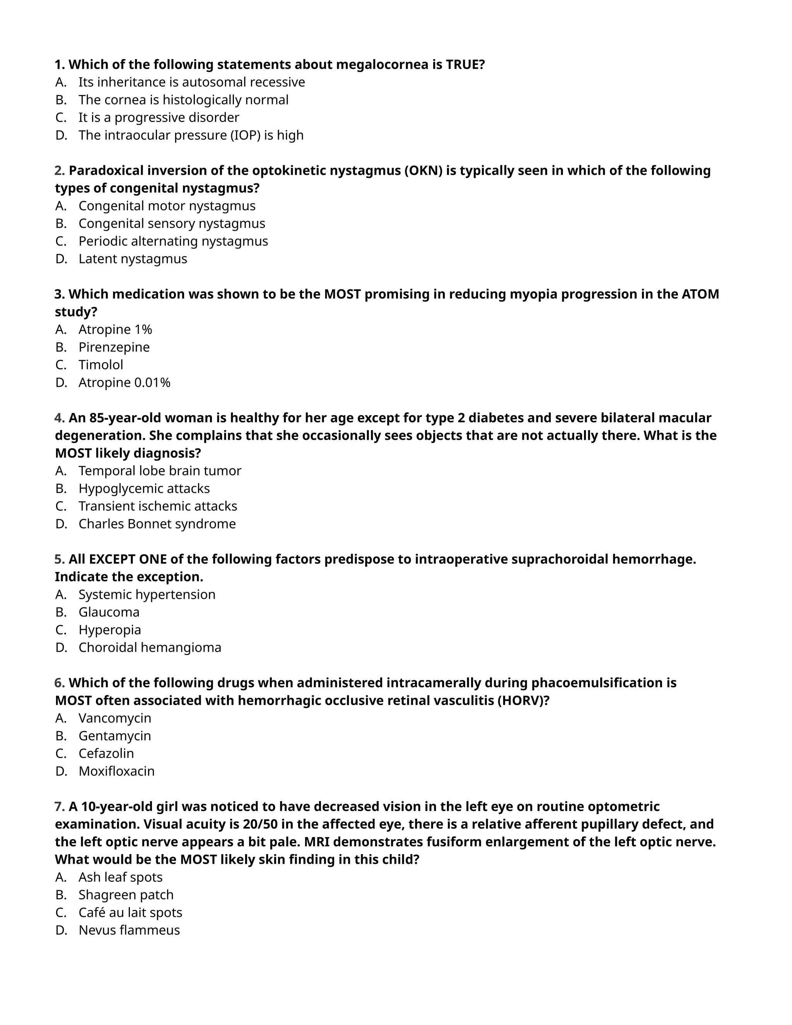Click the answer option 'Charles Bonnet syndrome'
[x=157, y=524]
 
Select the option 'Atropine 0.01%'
[x=125, y=383]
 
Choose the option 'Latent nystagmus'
[x=133, y=259]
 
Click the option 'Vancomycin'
[x=115, y=718]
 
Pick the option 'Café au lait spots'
[x=130, y=912]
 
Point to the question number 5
[x=59, y=559]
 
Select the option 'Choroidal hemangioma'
[x=150, y=647]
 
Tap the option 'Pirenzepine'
[x=114, y=347]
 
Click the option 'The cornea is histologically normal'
[x=183, y=100]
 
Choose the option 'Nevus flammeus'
[x=129, y=930]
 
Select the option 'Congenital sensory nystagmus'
[x=172, y=224]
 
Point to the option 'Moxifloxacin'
[x=116, y=771]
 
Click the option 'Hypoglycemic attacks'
[x=144, y=489]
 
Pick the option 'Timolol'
[x=101, y=365]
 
